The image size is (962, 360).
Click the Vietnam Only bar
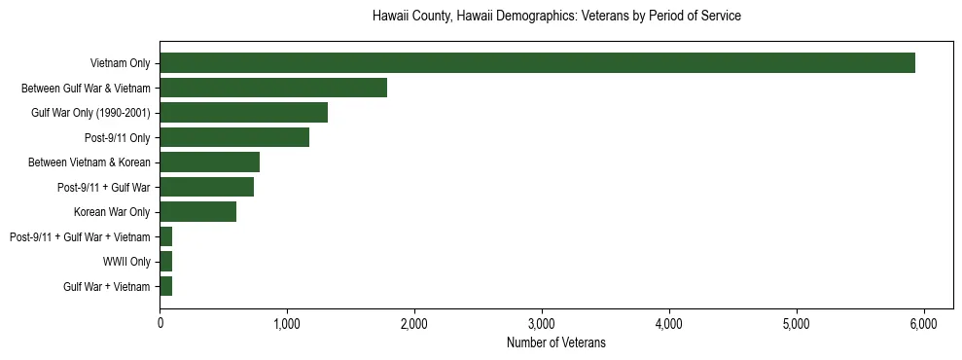click(537, 63)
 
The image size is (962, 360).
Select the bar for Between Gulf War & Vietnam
click(273, 88)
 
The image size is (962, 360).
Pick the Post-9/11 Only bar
click(234, 137)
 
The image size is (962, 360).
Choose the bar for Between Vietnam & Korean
click(209, 162)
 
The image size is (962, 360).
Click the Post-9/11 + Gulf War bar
click(206, 187)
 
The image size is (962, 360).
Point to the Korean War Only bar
click(197, 212)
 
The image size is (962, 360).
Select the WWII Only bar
click(165, 262)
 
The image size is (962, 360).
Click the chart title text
click(556, 17)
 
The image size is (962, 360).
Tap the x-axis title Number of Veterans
click(556, 342)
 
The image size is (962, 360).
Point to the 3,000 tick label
click(542, 323)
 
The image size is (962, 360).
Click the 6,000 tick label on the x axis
click(923, 323)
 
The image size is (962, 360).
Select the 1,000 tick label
click(287, 323)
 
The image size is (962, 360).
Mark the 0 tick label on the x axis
click(160, 323)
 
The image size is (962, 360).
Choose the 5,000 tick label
click(796, 323)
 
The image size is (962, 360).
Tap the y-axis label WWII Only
click(126, 262)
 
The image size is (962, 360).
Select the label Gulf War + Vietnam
click(107, 287)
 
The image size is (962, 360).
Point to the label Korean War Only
click(112, 212)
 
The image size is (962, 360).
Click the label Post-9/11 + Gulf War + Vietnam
click(80, 237)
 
